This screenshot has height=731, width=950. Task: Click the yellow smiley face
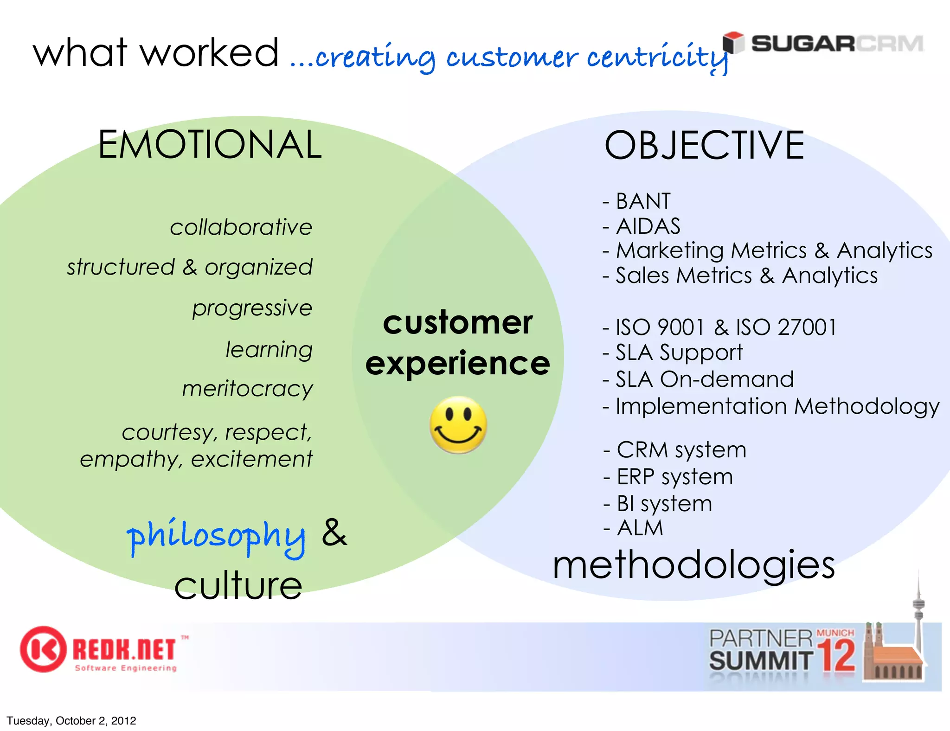point(458,424)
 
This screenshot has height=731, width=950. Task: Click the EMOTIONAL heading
point(210,145)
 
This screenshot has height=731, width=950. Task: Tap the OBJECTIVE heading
point(704,146)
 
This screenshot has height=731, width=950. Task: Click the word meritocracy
point(247,389)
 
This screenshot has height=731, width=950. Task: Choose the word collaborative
point(241,227)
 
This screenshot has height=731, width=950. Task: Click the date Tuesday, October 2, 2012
point(71,721)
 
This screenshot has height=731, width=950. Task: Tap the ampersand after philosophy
point(334,532)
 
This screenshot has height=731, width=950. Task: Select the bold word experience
point(457,364)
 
